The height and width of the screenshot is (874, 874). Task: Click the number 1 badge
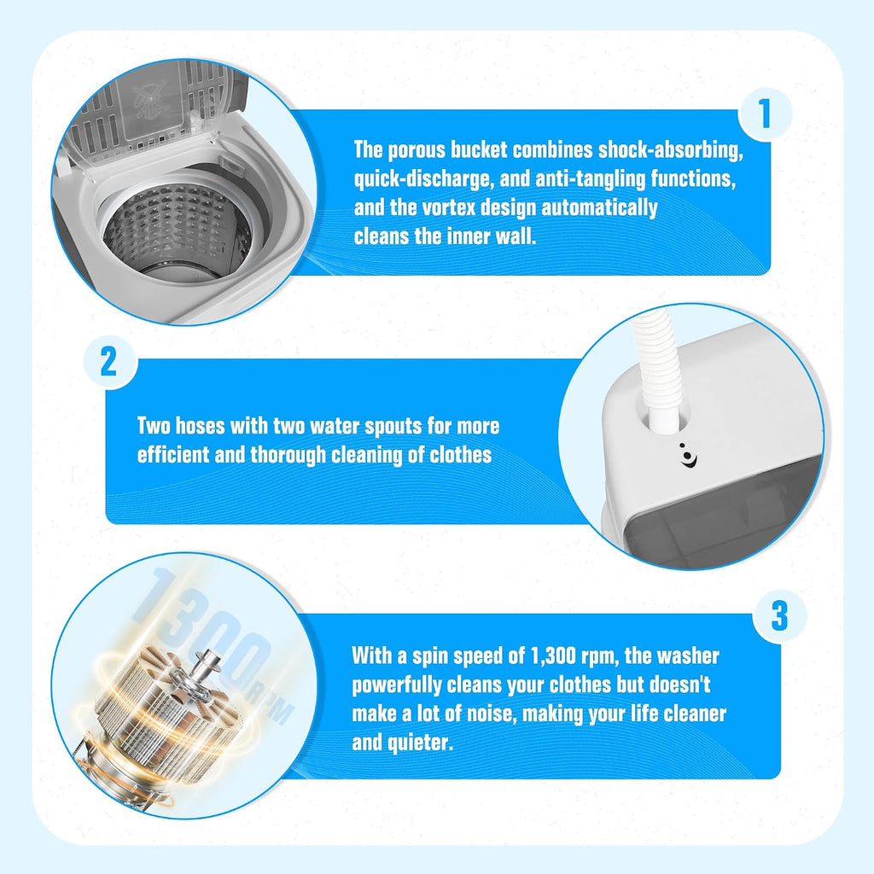[765, 114]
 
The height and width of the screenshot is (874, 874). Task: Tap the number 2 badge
[109, 362]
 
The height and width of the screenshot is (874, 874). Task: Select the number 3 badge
[779, 615]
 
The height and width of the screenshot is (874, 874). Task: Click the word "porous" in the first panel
[419, 150]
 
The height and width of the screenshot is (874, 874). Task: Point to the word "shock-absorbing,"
[671, 150]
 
